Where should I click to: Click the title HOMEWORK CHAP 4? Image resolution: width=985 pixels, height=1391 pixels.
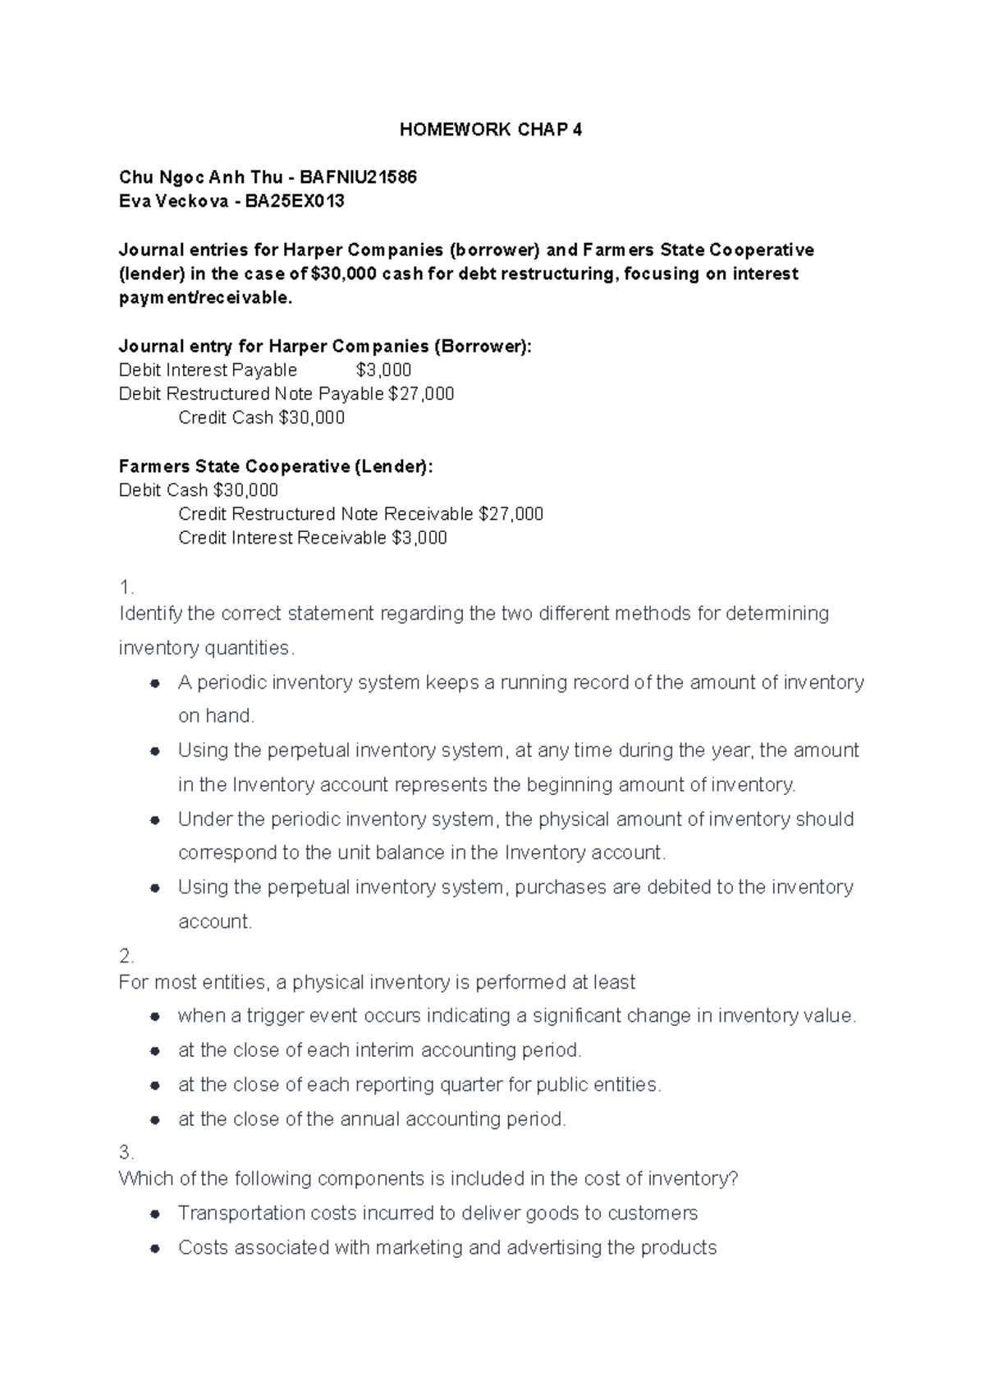[x=490, y=130]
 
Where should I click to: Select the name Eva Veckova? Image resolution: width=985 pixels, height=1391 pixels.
[x=173, y=201]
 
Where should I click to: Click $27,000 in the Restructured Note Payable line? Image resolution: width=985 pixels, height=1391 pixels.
[x=420, y=394]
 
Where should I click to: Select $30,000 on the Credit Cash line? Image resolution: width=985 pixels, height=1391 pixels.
[x=312, y=418]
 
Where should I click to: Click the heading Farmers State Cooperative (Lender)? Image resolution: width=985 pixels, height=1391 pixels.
[x=275, y=466]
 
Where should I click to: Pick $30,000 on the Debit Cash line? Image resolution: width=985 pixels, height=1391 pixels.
[x=245, y=490]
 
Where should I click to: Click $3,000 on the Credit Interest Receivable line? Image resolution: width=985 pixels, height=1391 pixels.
[x=419, y=538]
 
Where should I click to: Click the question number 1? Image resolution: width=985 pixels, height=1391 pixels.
[x=126, y=588]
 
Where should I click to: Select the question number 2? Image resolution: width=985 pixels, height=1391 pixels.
[x=126, y=956]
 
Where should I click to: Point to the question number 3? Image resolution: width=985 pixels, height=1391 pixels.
[x=126, y=1152]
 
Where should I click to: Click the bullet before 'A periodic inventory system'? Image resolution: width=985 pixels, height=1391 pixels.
[x=154, y=683]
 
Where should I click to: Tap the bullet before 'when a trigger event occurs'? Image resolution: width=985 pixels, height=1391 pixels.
[x=154, y=1017]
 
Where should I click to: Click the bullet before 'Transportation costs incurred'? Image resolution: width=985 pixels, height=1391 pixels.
[x=154, y=1214]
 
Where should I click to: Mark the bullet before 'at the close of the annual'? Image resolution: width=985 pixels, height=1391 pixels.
[x=154, y=1119]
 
